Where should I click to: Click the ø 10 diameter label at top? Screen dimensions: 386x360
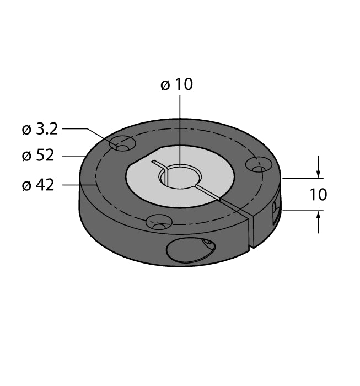tap(176, 84)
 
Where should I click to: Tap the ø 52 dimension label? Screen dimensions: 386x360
tap(38, 156)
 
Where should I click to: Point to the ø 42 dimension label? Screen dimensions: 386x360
tap(38, 185)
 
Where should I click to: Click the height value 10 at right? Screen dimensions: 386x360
tap(318, 195)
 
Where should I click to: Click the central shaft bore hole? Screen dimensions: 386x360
tap(180, 176)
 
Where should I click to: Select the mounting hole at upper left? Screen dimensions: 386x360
tap(122, 144)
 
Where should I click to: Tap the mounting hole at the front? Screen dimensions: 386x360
tap(158, 223)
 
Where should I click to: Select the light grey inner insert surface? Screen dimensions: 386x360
tap(209, 165)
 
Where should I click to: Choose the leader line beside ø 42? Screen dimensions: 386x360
tap(71, 185)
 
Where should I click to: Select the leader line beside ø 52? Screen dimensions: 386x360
tap(73, 157)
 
